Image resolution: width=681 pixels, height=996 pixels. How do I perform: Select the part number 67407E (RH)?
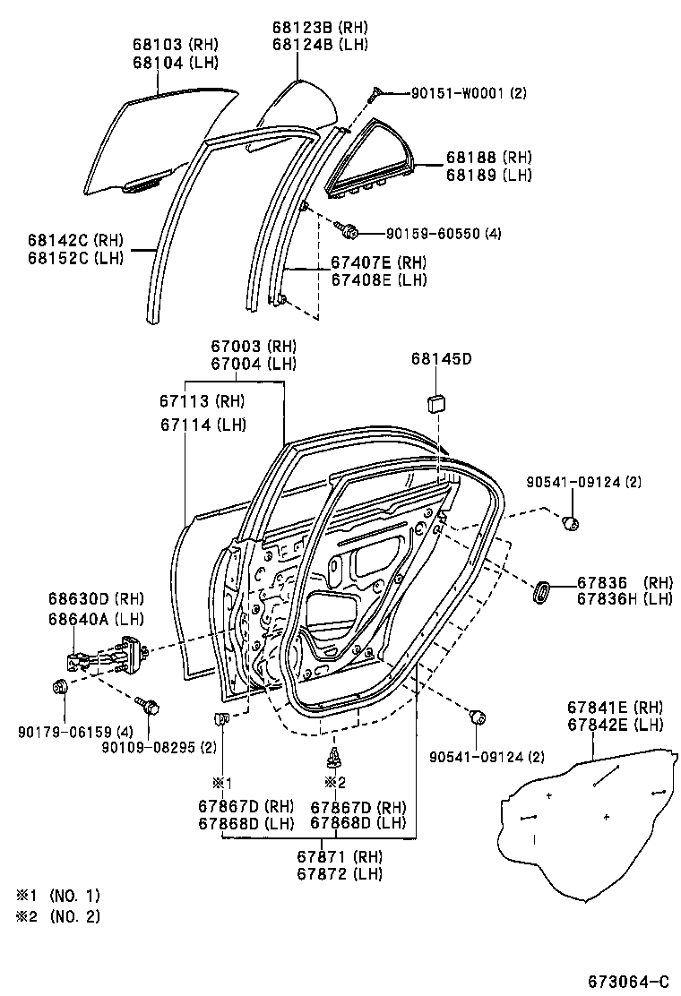point(377,262)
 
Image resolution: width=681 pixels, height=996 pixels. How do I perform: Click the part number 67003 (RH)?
point(253,347)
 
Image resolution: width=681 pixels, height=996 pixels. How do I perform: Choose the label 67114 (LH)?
point(203,425)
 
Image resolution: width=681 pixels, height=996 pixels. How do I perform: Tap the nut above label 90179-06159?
point(60,688)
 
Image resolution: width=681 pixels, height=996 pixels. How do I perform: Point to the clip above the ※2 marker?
point(334,758)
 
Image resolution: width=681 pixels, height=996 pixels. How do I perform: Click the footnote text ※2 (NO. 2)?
point(57,916)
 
